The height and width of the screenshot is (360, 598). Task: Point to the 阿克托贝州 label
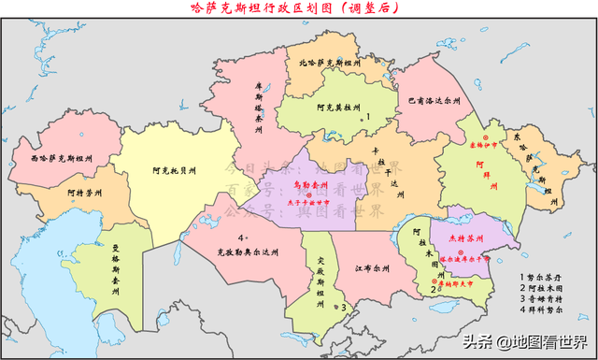pos(176,172)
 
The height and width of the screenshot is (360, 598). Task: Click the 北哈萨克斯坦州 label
pos(335,64)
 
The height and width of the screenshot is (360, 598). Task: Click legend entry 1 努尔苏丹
pos(546,278)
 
